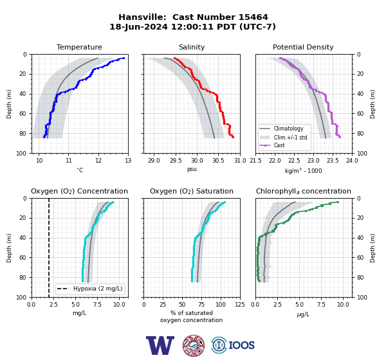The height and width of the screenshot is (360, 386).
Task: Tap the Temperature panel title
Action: click(79, 47)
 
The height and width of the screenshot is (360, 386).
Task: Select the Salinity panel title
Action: click(192, 47)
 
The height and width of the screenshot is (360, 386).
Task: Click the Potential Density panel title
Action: click(303, 47)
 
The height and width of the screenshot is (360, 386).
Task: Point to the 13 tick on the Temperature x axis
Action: click(128, 161)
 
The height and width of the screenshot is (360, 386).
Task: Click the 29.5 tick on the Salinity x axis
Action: click(176, 161)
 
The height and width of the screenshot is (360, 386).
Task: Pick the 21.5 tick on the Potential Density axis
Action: click(256, 161)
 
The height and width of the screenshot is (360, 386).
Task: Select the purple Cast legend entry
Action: click(279, 145)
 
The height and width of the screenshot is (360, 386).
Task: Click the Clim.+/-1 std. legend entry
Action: click(291, 137)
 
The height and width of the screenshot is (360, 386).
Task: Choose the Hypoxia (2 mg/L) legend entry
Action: click(98, 289)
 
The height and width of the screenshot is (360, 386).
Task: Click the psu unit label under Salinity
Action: click(192, 169)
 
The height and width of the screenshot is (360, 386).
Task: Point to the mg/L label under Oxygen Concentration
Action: click(80, 313)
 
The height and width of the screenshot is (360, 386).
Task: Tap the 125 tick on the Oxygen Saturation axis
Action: click(240, 305)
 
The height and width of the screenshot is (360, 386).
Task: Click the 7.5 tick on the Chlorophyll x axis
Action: click(321, 305)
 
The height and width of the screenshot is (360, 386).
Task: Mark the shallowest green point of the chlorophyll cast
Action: click(338, 202)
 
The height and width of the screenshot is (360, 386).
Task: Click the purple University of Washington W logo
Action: click(160, 345)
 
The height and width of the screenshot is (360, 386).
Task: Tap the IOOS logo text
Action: click(241, 345)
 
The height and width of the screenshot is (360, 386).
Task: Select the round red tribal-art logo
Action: click(194, 345)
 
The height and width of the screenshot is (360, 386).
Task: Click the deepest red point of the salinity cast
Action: click(233, 137)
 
